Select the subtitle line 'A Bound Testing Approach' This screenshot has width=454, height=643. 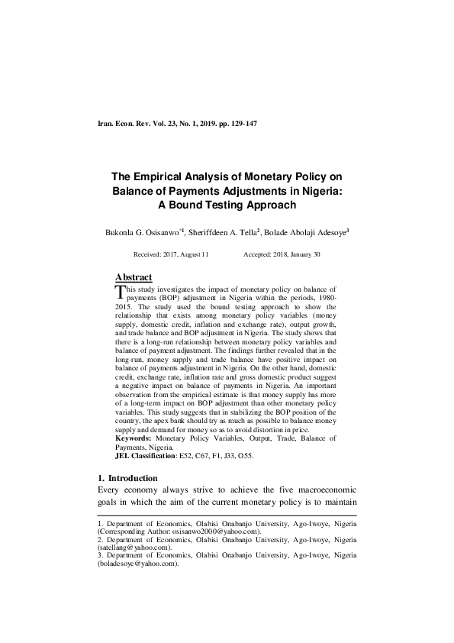click(226, 205)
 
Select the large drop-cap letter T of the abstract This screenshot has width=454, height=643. click(119, 292)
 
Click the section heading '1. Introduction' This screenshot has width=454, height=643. click(129, 478)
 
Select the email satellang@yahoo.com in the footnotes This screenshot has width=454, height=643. click(132, 548)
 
